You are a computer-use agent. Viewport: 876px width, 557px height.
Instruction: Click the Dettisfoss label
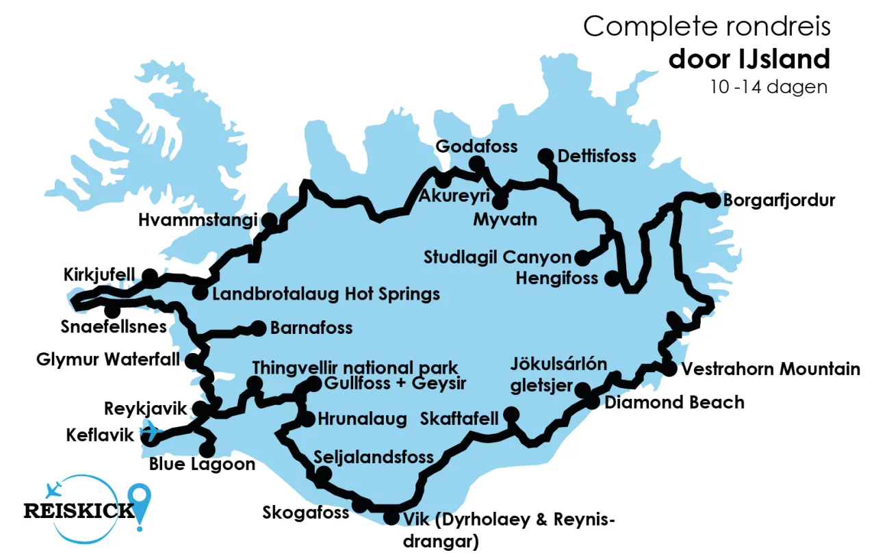[597, 157]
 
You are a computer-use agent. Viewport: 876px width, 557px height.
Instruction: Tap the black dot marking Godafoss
[476, 163]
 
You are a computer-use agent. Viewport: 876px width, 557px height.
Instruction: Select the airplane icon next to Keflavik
[151, 432]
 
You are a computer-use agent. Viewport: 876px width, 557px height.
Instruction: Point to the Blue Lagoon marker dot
[206, 450]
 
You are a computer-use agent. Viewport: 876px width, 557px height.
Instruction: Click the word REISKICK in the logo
[79, 510]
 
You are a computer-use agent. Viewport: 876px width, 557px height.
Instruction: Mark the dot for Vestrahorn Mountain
[669, 369]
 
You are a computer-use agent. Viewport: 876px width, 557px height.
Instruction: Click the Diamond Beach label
[674, 402]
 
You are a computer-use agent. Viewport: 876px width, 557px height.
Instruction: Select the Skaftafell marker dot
[511, 415]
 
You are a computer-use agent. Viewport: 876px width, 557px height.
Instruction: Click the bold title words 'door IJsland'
[749, 59]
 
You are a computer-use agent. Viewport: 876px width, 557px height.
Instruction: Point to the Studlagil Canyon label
[497, 258]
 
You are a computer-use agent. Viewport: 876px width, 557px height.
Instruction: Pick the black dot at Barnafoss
[259, 328]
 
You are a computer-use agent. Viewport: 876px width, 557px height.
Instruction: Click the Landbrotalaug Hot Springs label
[326, 295]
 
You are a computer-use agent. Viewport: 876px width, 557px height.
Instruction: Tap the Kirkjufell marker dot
[149, 276]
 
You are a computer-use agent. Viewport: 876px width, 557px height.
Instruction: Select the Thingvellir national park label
[355, 368]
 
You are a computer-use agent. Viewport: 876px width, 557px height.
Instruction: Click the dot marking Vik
[390, 517]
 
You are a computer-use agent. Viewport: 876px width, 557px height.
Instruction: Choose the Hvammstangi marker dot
[270, 220]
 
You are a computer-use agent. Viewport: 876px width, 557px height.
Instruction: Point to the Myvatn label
[505, 220]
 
